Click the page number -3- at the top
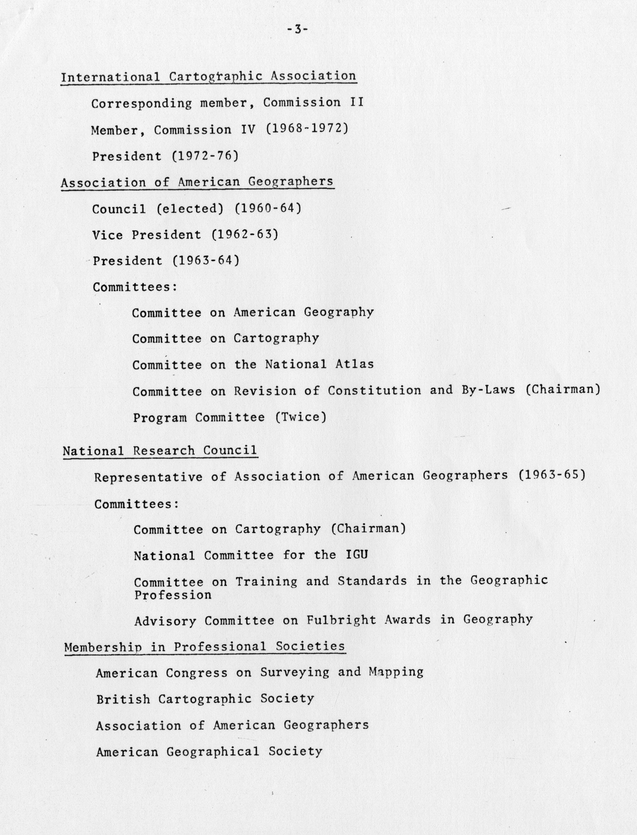click(x=297, y=29)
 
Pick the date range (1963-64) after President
click(x=206, y=261)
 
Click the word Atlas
click(x=354, y=364)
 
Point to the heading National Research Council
click(x=160, y=451)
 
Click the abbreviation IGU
click(x=357, y=555)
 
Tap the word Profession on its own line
click(x=173, y=595)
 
